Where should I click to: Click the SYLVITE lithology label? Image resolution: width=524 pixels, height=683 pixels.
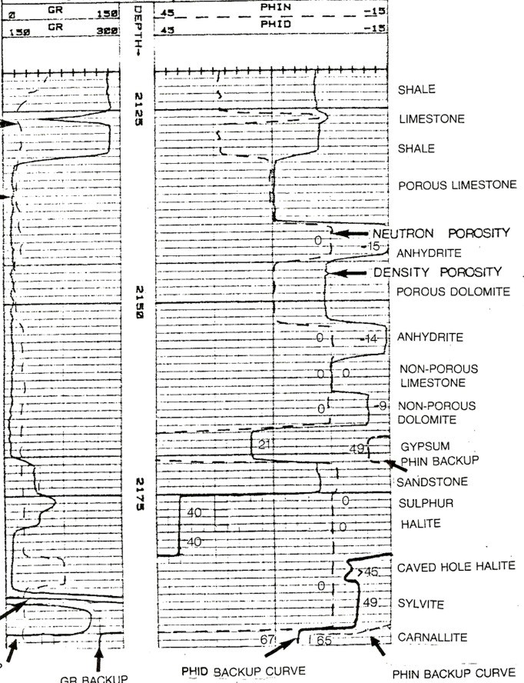click(x=420, y=605)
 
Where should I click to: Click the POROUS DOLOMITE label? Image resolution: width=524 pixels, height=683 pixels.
click(x=453, y=292)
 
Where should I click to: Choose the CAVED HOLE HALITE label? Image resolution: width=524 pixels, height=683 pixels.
click(x=456, y=567)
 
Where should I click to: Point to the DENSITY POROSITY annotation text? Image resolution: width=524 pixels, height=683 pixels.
click(x=437, y=272)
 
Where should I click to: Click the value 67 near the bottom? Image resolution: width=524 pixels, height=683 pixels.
click(x=267, y=639)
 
